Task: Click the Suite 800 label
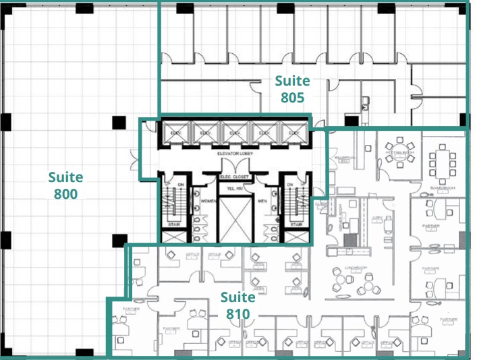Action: pos(65,185)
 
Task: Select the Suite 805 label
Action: pos(293,89)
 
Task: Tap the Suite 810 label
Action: pos(238,305)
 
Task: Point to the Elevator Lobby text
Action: pos(234,154)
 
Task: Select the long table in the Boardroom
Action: pos(442,162)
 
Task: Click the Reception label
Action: pos(341,159)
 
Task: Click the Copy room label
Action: pos(376,218)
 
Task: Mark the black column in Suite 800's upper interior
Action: pos(119,121)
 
